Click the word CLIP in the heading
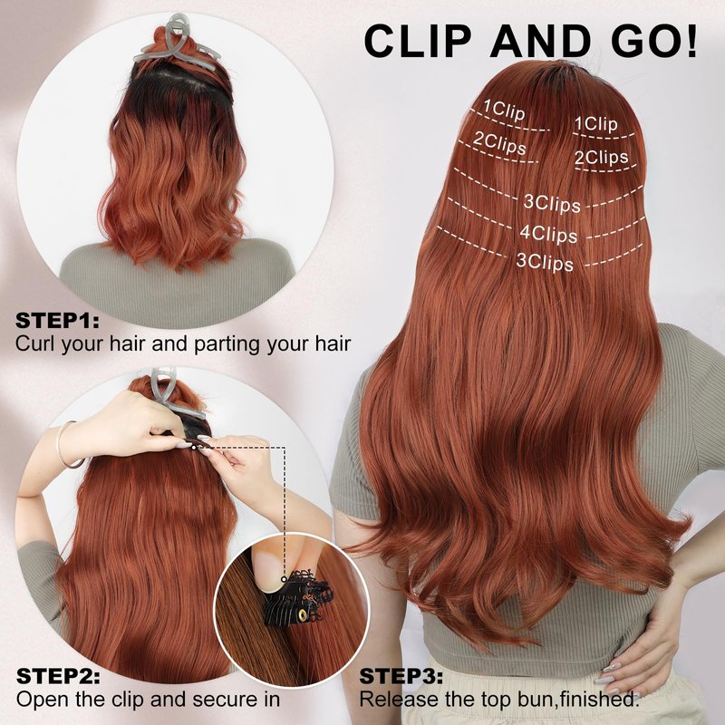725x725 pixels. [418, 41]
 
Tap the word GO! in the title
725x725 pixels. [654, 41]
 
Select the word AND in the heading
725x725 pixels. [540, 41]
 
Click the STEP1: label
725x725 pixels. [57, 321]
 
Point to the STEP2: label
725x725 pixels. [58, 676]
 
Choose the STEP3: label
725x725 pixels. [401, 676]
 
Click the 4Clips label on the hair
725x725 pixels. [549, 234]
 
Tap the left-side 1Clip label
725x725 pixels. [505, 110]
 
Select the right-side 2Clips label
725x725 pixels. [601, 157]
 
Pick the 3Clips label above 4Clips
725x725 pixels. [552, 203]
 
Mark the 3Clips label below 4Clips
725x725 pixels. [545, 262]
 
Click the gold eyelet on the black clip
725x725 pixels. [303, 614]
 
